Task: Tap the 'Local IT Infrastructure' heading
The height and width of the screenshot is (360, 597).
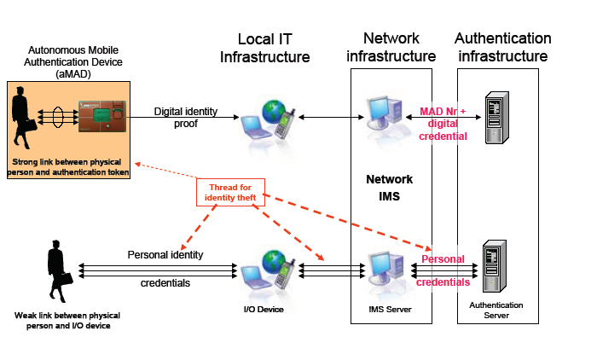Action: pos(264,48)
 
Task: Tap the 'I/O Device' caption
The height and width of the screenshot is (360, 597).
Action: pos(264,308)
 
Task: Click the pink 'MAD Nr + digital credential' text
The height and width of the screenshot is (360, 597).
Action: pos(443,124)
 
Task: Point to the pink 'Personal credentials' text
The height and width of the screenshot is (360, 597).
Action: pos(443,270)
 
